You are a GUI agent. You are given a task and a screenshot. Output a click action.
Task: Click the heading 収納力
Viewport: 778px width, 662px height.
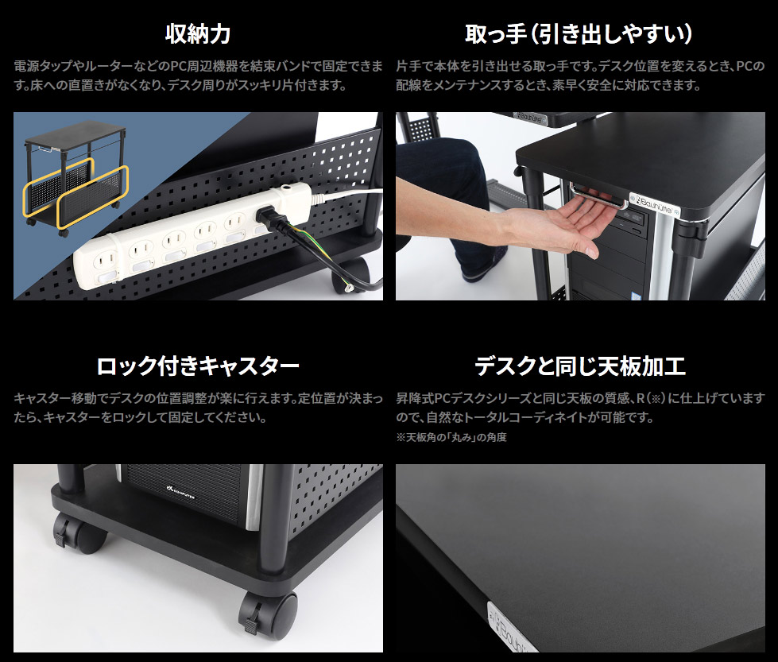point(198,34)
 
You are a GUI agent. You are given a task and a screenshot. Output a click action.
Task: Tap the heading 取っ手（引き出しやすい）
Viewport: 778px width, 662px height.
point(579,34)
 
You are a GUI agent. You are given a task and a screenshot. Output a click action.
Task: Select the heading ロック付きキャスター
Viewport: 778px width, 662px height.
point(198,366)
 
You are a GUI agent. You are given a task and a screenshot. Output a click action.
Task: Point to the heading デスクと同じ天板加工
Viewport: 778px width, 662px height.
point(579,366)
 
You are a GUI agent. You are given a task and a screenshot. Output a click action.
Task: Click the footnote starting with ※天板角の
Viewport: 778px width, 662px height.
point(451,437)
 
